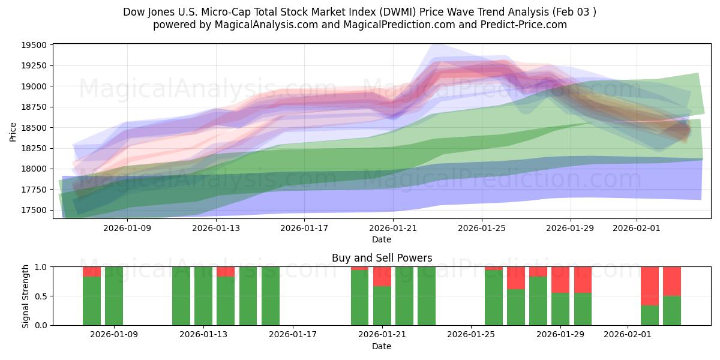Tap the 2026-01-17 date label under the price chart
(x=304, y=228)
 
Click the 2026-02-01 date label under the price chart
(x=637, y=228)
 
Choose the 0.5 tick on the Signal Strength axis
(x=40, y=296)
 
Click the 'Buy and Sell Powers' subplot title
(x=382, y=258)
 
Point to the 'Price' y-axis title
(x=13, y=131)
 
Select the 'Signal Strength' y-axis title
(x=25, y=296)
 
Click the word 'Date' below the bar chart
(x=382, y=346)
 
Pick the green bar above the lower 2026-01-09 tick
(x=114, y=296)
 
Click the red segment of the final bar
(x=672, y=281)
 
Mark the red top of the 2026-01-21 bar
(x=382, y=276)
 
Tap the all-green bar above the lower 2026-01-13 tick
(x=203, y=296)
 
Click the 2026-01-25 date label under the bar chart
(x=471, y=334)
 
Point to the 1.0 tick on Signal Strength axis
(x=40, y=267)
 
